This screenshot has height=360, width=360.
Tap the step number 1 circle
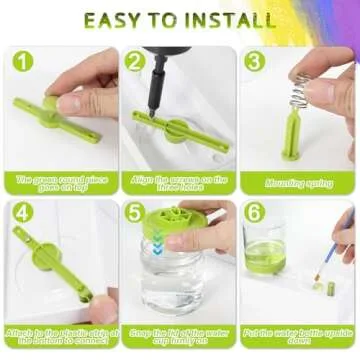pos(22,61)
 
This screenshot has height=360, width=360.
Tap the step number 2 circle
pos(135,61)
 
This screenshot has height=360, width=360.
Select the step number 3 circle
pos(254,61)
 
